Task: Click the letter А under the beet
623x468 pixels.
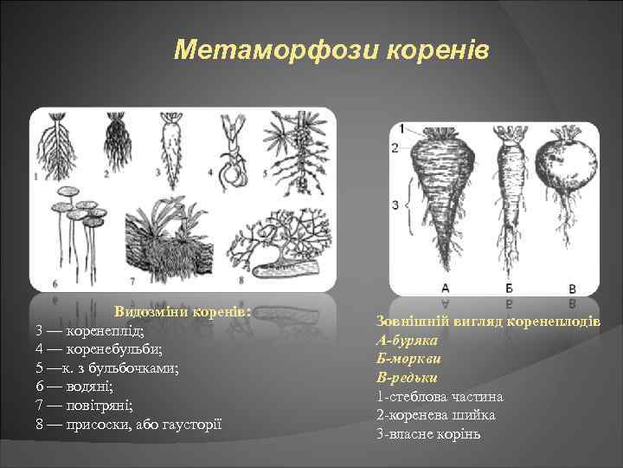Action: click(445, 287)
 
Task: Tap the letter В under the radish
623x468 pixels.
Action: click(572, 287)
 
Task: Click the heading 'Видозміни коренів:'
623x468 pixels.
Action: click(183, 311)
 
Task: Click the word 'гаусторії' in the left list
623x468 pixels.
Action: click(190, 424)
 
